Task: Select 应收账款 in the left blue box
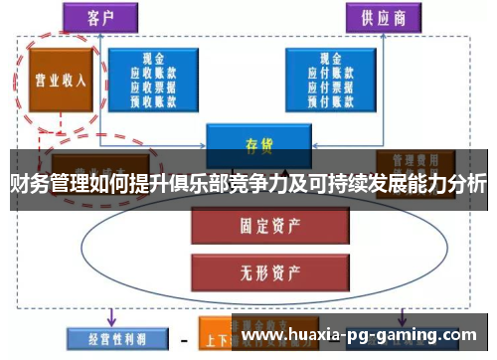tap(154, 72)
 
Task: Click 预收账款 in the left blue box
tap(154, 97)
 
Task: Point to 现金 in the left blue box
tap(154, 59)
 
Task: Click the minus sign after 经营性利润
tap(183, 338)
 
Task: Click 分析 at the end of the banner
tap(465, 184)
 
